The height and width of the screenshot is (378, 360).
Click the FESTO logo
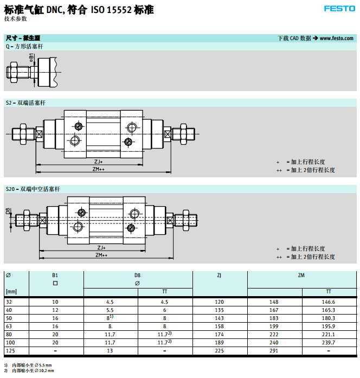(x=339, y=9)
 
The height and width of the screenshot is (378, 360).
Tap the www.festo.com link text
(x=336, y=38)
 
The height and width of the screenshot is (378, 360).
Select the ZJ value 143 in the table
(x=219, y=318)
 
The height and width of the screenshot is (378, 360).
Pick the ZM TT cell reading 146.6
(x=329, y=302)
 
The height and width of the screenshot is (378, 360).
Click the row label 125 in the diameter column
(x=10, y=351)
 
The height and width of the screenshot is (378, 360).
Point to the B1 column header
(x=55, y=276)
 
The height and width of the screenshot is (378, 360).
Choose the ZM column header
(x=301, y=276)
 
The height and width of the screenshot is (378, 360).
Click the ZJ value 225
(x=219, y=351)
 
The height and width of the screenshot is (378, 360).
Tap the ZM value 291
(x=274, y=351)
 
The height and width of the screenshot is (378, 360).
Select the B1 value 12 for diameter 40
(x=55, y=310)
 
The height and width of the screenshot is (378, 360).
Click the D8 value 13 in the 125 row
(x=110, y=351)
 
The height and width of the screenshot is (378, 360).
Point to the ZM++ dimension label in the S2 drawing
(x=99, y=169)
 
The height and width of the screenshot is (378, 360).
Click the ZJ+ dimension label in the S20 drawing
(x=101, y=248)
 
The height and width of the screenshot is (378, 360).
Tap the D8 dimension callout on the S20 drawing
(x=8, y=211)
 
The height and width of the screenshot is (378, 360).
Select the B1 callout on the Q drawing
(x=31, y=58)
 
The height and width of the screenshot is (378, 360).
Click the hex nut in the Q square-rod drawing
(x=13, y=72)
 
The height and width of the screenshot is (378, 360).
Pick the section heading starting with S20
(x=33, y=189)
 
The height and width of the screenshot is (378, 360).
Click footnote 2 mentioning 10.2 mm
(x=29, y=371)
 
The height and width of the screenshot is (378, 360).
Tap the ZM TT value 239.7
(x=329, y=343)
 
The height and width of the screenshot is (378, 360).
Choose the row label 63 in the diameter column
(x=9, y=326)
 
